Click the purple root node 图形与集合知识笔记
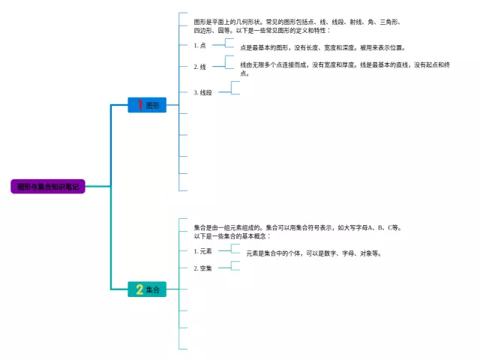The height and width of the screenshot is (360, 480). [x=48, y=186]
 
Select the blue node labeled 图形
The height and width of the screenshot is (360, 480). [x=147, y=106]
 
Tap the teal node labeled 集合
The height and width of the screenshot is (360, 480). [x=147, y=289]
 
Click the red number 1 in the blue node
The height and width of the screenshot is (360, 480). [x=139, y=106]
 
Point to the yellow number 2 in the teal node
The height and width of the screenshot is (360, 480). [x=139, y=289]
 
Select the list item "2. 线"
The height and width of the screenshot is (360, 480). [x=200, y=67]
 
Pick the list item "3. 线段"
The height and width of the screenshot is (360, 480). [x=203, y=92]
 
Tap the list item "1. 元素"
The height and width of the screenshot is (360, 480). [x=203, y=250]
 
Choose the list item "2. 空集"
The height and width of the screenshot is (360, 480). [x=203, y=268]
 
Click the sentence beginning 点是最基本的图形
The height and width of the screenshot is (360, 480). [x=322, y=47]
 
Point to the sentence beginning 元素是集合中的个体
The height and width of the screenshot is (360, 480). [x=313, y=253]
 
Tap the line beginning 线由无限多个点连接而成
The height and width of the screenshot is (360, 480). [x=344, y=65]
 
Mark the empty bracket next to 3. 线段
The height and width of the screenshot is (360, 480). [x=235, y=88]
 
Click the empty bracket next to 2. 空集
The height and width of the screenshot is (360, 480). [x=235, y=265]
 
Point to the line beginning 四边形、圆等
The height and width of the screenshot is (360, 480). [x=262, y=31]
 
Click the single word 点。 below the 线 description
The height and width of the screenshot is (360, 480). [x=245, y=73]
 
